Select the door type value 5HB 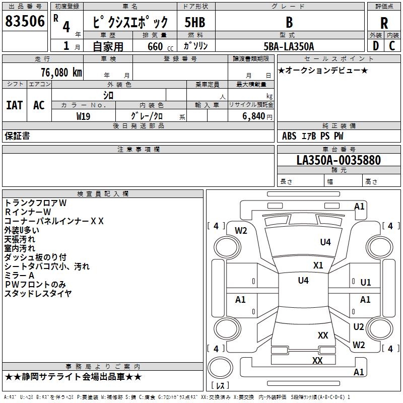(x=194, y=22)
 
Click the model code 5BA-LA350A (x=289, y=46)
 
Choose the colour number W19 (x=83, y=116)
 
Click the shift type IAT (x=14, y=105)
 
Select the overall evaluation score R (x=384, y=23)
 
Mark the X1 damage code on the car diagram (x=318, y=265)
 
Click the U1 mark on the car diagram (x=366, y=283)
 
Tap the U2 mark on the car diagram (x=359, y=327)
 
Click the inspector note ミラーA (x=19, y=276)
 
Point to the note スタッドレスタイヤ (x=38, y=294)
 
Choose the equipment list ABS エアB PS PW (x=313, y=136)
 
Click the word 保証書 (x=17, y=136)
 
